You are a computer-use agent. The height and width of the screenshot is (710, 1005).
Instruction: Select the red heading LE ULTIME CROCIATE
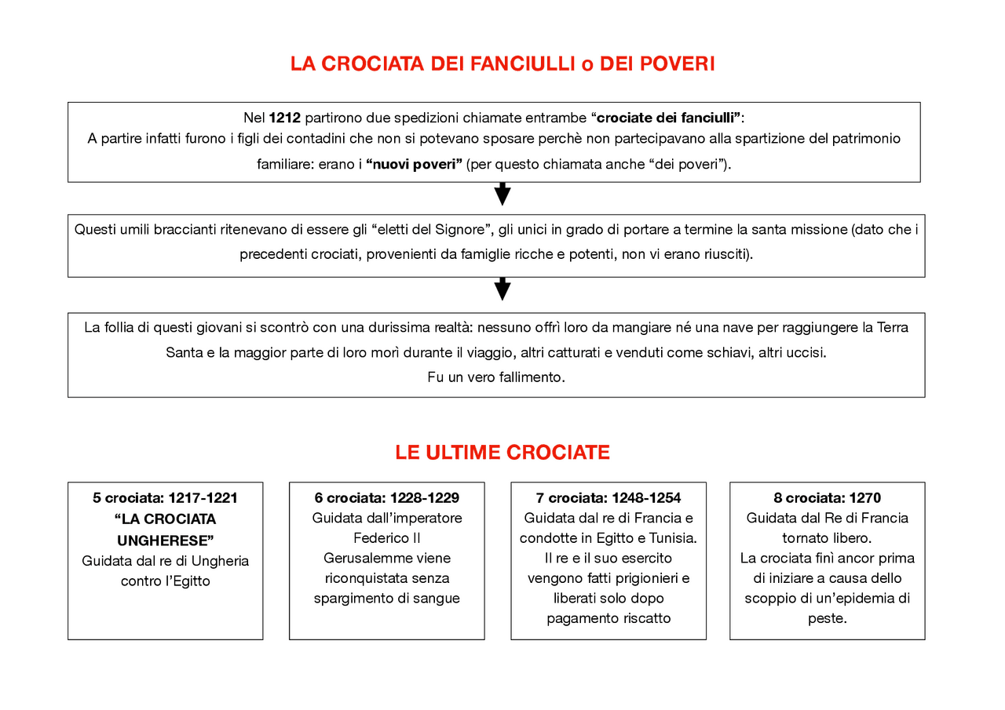coord(502,453)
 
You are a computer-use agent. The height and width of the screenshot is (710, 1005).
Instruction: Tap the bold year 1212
coord(284,118)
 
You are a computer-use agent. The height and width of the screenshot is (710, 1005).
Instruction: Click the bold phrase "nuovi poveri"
coord(414,165)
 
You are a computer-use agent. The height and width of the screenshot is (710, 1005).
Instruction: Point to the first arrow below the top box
coord(502,194)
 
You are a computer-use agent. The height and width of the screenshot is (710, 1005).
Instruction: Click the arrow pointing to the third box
coord(502,289)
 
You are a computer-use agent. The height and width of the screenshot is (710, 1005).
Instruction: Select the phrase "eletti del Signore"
coord(431,230)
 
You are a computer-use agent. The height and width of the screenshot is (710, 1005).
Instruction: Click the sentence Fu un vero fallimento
coord(496,377)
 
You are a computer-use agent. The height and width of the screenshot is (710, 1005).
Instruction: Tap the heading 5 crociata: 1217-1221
coord(165,497)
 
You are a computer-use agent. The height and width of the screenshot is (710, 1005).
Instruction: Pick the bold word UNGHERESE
coord(165,541)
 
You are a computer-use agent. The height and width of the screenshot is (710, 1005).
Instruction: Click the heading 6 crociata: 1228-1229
coord(386,497)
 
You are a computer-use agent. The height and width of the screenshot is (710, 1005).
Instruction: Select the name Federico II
coord(386,538)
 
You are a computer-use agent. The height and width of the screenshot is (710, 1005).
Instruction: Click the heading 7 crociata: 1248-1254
coord(608,497)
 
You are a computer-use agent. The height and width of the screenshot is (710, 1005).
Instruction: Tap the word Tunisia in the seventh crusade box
coord(672,538)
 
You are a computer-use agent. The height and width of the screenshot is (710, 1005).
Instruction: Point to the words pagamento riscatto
coord(608,618)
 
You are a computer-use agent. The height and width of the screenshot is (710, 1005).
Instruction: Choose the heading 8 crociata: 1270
coord(827,497)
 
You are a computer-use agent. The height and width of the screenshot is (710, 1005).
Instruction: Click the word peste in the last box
coord(827,618)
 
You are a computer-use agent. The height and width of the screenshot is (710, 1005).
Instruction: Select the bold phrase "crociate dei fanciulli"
coord(668,118)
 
